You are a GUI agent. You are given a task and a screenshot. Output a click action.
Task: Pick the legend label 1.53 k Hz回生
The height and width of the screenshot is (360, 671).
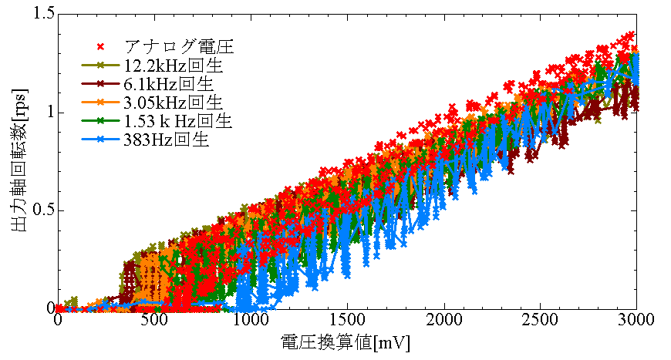(177, 120)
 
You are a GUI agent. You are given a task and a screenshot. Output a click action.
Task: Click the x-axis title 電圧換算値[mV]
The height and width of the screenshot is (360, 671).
(347, 341)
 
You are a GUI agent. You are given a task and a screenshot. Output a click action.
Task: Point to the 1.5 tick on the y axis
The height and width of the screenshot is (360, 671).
(43, 14)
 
